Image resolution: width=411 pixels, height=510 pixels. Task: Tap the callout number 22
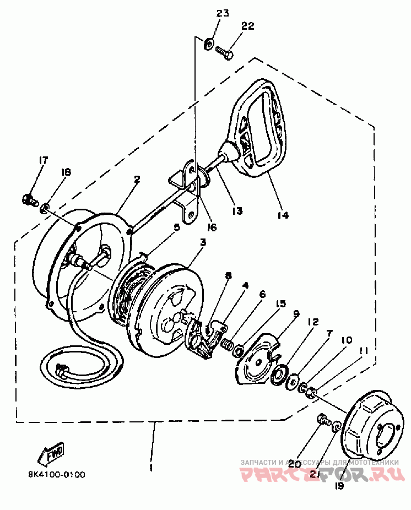(x=247, y=26)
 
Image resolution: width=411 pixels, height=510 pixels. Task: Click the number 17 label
(x=43, y=160)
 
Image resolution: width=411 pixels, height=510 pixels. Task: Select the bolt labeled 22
(x=223, y=52)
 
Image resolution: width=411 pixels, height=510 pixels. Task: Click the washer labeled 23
(x=209, y=43)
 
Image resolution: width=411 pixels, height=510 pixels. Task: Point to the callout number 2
(x=137, y=179)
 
